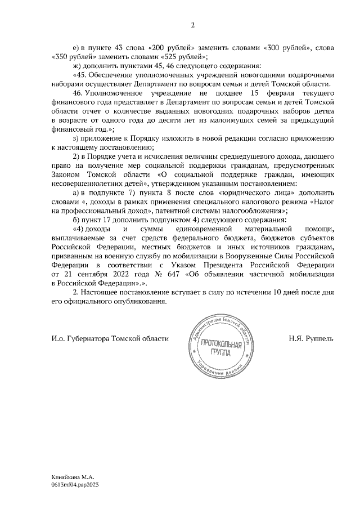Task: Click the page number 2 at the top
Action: pyautogui.click(x=192, y=25)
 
